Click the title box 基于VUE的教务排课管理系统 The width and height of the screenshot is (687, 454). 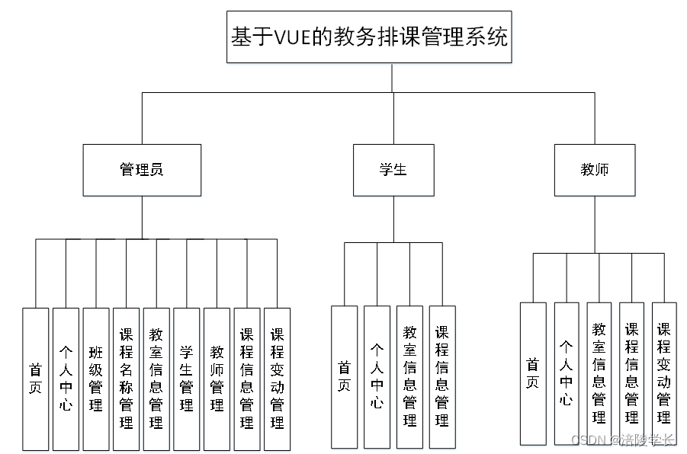tap(369, 37)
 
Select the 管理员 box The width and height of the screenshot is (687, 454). tap(142, 170)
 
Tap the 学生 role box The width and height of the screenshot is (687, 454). tap(393, 170)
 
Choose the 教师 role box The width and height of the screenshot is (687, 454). tap(594, 170)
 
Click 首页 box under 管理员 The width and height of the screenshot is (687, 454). tap(35, 379)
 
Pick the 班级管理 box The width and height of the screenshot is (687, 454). tap(96, 379)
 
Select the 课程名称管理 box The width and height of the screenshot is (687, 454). tap(126, 379)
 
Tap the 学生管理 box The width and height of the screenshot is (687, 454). tap(187, 379)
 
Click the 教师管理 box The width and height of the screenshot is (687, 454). tap(217, 379)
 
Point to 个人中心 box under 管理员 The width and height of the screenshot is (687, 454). tap(66, 379)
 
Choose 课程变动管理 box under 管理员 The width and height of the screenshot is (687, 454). tap(278, 379)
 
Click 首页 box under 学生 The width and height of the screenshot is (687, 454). tap(344, 376)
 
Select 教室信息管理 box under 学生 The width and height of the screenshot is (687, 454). tap(409, 376)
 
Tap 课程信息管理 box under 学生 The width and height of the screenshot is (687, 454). tap(442, 376)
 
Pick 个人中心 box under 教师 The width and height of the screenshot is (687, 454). tap(567, 373)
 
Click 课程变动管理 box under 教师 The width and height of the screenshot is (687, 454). tap(664, 373)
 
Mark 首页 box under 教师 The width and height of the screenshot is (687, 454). tap(533, 373)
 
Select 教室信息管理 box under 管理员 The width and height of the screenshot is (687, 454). tap(156, 379)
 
